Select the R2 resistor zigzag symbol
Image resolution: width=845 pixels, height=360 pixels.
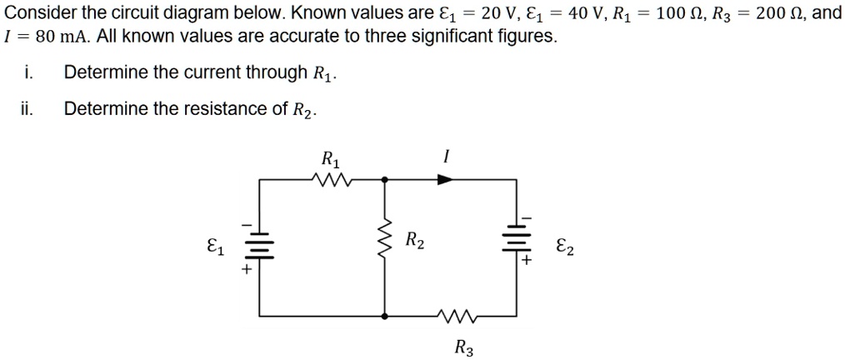(385, 242)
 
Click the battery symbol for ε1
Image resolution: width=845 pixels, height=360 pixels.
(259, 244)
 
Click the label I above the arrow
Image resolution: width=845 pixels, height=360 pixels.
(447, 157)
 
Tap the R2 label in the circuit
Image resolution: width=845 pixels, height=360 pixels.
(415, 242)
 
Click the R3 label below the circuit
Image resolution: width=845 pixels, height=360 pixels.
(464, 347)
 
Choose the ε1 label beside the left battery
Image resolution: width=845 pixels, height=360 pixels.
(215, 247)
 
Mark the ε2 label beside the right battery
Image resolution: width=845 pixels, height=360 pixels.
(563, 247)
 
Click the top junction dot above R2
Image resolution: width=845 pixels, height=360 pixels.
(385, 178)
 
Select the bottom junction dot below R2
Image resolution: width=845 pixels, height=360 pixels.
(385, 316)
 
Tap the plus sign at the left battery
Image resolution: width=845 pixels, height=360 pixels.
(247, 270)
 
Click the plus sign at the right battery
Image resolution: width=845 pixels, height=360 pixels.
(527, 261)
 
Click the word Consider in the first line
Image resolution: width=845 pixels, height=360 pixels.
(37, 14)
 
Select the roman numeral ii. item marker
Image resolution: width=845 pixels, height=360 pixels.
(28, 108)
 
